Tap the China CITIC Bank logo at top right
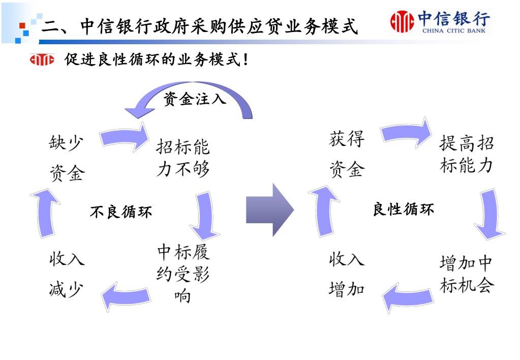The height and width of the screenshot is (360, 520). coord(440,22)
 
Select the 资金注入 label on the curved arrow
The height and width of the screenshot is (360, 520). coord(194,99)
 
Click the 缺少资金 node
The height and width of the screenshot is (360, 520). coord(67,158)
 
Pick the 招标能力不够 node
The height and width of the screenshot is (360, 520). coord(182,158)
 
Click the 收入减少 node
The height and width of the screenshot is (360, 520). coord(67,274)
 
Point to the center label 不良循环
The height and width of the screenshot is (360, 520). coord(120,212)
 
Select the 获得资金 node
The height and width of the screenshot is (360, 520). coord(347,154)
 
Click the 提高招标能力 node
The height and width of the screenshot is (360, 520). coord(466,154)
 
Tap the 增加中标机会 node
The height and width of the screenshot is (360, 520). coord(466,274)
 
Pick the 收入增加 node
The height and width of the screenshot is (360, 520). coord(347,274)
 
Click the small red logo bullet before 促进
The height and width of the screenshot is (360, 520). coord(42,60)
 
